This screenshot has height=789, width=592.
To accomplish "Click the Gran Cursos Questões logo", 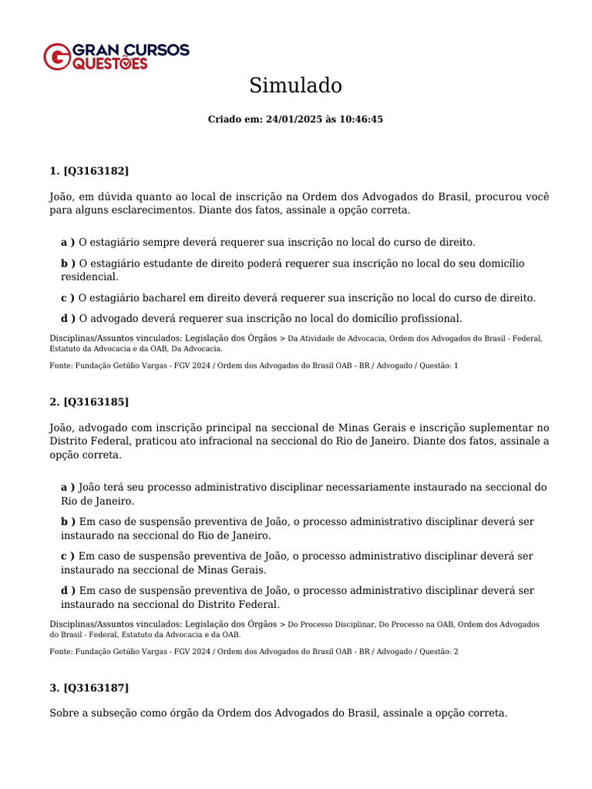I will [x=116, y=56].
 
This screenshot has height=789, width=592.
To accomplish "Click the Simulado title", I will [x=295, y=86].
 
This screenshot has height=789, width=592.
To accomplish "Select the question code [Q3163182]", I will [x=96, y=170].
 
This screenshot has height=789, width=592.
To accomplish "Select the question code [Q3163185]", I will [x=96, y=401].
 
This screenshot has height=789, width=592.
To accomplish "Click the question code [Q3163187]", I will [x=96, y=687].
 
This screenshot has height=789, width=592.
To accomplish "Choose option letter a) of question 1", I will [x=68, y=242].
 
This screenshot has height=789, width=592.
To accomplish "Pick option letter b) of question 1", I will [x=68, y=264].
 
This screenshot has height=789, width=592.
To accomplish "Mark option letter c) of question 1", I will [x=68, y=297].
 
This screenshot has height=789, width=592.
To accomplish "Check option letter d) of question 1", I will [x=68, y=318].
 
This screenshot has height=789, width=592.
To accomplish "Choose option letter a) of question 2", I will [x=68, y=487].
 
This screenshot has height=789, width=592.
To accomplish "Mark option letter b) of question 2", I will [x=68, y=522].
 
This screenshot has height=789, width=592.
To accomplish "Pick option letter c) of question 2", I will [x=68, y=556].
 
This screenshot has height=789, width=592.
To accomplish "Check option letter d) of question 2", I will [x=68, y=590].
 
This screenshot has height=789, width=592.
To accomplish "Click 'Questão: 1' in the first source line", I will [x=439, y=365].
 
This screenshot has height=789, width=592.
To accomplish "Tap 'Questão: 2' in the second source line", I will [x=439, y=651].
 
